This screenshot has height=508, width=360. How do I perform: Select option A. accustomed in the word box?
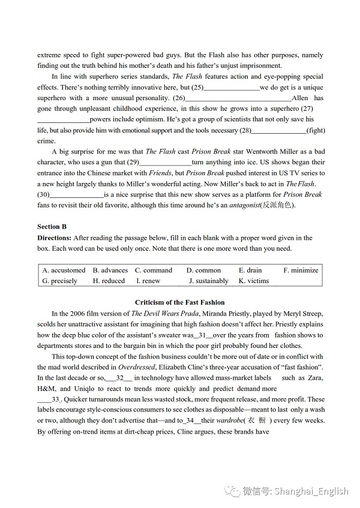[x=64, y=270]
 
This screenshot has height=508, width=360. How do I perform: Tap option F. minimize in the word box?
[x=301, y=270]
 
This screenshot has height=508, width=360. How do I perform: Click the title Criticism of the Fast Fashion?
[x=180, y=302]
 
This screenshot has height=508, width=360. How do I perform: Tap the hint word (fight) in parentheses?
[x=316, y=130]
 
